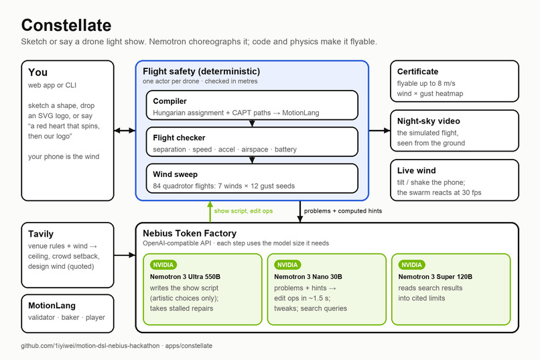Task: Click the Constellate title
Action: click(66, 25)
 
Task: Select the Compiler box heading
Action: click(170, 101)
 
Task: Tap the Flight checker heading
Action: click(179, 138)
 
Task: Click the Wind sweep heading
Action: click(176, 174)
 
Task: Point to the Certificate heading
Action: click(418, 72)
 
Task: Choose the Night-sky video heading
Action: click(428, 121)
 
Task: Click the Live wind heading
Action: click(416, 170)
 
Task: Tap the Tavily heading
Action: click(41, 234)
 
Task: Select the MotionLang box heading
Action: click(52, 306)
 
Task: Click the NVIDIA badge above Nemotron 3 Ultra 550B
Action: click(163, 265)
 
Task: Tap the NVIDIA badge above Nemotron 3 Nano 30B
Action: click(287, 265)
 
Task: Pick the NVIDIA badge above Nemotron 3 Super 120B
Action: click(411, 265)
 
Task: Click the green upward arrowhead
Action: click(210, 204)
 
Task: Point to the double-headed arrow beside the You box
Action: click(125, 131)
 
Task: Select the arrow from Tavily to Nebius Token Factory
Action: click(125, 255)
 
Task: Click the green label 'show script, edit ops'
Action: click(243, 211)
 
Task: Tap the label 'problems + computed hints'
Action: click(343, 211)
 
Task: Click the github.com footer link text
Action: click(117, 345)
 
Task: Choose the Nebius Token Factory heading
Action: click(190, 233)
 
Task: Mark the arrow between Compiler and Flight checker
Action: click(252, 123)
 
